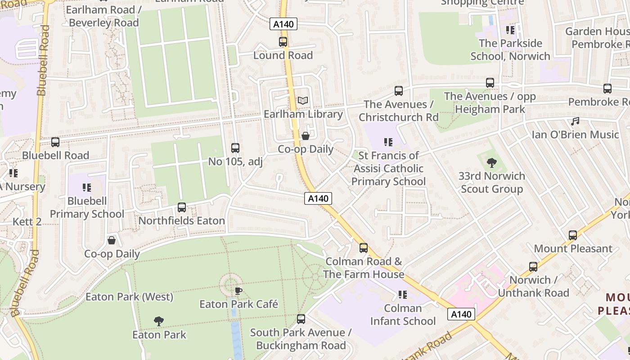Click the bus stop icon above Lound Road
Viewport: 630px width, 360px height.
point(283,42)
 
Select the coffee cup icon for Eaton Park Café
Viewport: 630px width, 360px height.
point(238,291)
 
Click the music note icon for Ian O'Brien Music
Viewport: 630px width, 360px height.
point(575,121)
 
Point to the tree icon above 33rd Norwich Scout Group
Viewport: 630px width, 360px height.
point(492,162)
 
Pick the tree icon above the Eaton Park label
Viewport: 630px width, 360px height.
point(158,321)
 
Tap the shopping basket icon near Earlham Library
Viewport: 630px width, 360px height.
point(306,136)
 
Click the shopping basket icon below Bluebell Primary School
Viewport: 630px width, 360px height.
point(112,240)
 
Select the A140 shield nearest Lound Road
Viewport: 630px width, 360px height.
point(283,24)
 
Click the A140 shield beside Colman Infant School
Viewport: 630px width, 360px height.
point(461,314)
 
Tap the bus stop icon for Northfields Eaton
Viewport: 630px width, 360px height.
point(182,207)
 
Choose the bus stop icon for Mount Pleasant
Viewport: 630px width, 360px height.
point(573,235)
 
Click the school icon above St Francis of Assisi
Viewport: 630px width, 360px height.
point(388,142)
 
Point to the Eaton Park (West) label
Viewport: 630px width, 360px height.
point(129,297)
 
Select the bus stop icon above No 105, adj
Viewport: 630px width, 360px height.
point(235,148)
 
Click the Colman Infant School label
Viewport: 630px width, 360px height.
point(403,315)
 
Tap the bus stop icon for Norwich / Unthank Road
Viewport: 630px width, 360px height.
point(533,266)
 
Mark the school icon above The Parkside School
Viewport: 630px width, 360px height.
point(510,30)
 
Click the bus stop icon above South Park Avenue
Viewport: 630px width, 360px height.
point(301,319)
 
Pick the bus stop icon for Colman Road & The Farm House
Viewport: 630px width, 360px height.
point(364,248)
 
